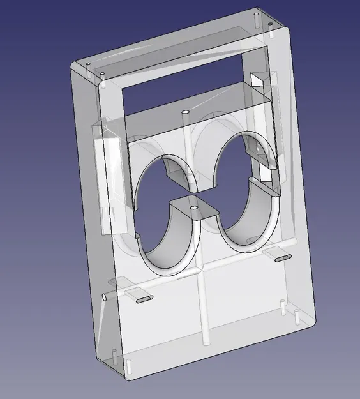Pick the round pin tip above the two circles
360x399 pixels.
[185, 112]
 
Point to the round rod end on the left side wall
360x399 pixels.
[104, 297]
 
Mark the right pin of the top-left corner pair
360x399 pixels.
[102, 75]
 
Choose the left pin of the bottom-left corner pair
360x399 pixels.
[114, 352]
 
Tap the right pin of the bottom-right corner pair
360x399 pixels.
[297, 314]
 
